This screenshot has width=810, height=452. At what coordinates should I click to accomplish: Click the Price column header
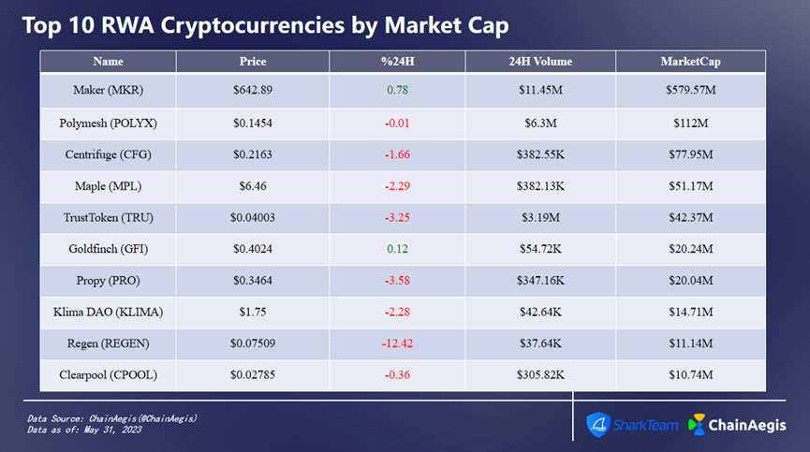(253, 62)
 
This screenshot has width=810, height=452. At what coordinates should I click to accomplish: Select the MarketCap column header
(690, 62)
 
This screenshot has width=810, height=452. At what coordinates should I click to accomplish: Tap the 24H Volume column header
(539, 62)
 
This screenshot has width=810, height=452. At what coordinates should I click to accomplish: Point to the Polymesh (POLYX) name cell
(108, 122)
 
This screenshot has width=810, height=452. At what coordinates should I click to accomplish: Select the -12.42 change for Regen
(397, 343)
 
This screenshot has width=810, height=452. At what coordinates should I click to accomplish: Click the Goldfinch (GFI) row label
(108, 249)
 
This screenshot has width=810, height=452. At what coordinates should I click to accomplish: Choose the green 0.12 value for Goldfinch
(397, 249)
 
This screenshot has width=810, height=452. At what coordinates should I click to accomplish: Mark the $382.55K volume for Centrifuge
(539, 153)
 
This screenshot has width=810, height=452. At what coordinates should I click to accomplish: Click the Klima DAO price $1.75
(253, 312)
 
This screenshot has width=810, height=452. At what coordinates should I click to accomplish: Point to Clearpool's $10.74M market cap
(690, 375)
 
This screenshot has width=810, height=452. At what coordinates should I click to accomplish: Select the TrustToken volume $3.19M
(539, 217)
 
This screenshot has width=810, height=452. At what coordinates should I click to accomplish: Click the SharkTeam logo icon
(599, 424)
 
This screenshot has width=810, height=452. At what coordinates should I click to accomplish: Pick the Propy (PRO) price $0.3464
(253, 281)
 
